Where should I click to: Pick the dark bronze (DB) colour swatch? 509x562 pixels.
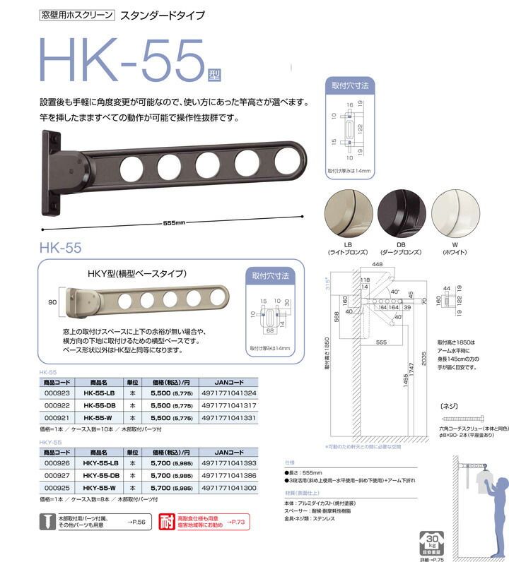(401, 217)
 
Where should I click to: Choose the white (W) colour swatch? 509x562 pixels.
(455, 217)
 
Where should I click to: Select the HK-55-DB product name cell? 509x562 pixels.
(99, 405)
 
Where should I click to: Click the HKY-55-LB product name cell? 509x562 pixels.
(100, 462)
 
